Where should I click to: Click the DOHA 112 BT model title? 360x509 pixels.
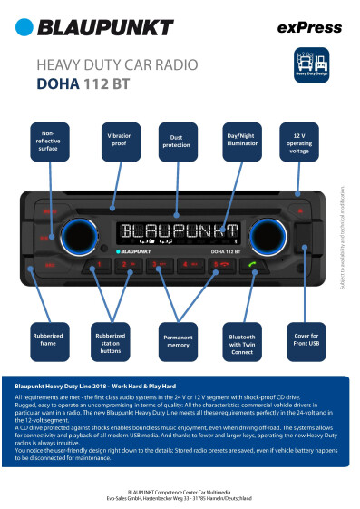81,86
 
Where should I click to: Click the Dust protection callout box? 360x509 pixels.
175,139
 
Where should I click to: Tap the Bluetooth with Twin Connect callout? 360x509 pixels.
240,339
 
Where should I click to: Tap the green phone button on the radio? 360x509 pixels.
255,266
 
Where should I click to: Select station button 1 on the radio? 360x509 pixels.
96,266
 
